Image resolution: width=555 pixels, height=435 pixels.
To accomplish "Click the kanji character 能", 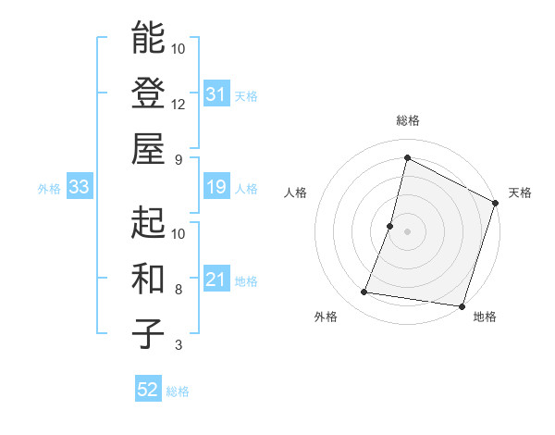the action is (x=149, y=38).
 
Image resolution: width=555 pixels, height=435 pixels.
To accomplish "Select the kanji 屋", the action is (x=149, y=148).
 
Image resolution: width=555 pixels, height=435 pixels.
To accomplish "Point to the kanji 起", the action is (x=149, y=222).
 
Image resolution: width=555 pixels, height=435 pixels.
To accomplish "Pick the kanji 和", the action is (x=149, y=278).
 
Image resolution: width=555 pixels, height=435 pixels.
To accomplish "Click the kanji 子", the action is (x=149, y=333).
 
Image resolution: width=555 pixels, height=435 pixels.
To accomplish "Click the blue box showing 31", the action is (x=216, y=94).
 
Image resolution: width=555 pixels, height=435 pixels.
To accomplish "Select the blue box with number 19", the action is (x=216, y=188).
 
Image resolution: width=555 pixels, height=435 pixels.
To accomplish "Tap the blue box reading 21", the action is (x=216, y=280).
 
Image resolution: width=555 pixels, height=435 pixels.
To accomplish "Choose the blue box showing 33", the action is (x=80, y=188).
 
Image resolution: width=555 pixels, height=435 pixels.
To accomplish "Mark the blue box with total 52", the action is (x=148, y=391).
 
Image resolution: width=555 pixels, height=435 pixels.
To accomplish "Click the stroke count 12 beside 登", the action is (x=179, y=104).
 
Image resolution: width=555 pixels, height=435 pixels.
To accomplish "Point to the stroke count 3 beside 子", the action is (x=178, y=345).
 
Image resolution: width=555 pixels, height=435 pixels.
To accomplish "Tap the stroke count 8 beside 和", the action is (x=178, y=290).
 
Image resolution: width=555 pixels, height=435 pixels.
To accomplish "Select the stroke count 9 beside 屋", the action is (x=178, y=159).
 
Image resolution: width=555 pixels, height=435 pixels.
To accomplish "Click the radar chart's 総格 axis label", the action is (x=407, y=121).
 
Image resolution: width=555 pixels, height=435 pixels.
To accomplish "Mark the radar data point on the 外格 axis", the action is (x=364, y=292).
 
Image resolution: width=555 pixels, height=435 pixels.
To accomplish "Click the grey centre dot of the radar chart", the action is (x=407, y=231).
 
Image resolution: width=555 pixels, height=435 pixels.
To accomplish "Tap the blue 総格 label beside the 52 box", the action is (x=178, y=391).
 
